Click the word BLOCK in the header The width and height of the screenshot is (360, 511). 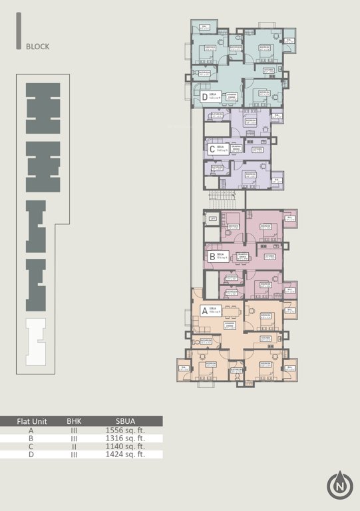37,47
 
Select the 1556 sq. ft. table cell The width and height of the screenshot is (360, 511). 125,430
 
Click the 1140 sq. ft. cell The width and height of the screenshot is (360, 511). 125,446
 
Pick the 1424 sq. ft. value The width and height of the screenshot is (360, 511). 125,454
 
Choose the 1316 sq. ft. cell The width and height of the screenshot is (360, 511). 125,438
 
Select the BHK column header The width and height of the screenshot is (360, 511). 74,421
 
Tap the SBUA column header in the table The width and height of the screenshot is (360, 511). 125,421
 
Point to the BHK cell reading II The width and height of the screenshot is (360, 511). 74,446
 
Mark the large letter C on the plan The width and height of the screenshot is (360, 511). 212,149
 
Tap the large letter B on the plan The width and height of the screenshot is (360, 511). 212,256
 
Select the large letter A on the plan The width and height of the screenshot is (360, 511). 205,311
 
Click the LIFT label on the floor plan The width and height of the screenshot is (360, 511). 212,219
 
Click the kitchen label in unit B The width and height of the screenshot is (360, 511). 270,256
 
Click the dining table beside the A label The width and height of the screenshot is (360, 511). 231,311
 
